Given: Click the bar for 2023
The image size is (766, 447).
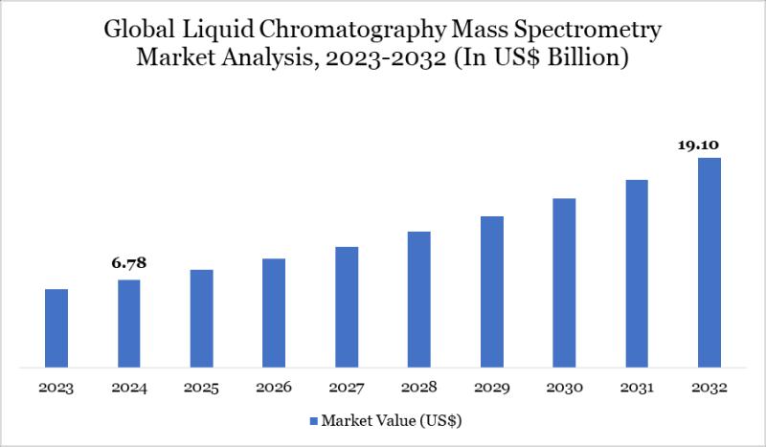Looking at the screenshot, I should pos(56,327).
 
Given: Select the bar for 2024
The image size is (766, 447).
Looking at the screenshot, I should pos(129,323).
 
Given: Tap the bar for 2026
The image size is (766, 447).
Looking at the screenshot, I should pos(274,312).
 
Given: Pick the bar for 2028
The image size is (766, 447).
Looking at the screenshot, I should pos(419,299).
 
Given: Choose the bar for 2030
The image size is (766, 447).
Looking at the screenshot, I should pos(564,282).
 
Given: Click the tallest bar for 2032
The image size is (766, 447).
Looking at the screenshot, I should pos(709,262).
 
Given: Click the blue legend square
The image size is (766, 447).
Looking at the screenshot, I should pos(313,420).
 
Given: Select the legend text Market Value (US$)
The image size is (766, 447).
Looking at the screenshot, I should pos(393,419).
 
